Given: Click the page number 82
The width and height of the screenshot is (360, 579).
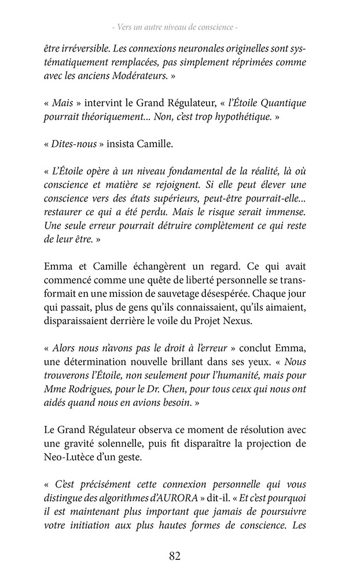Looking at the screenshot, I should pyautogui.click(x=175, y=556).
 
